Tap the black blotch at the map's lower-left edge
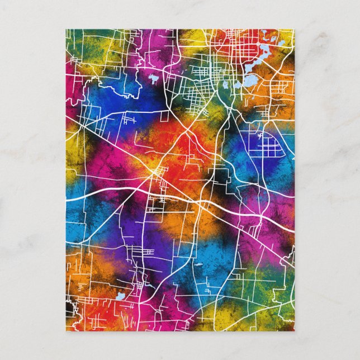[x=69, y=308]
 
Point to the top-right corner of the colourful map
[x=294, y=30]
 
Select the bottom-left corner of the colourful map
[x=66, y=330]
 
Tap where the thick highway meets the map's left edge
[x=67, y=199]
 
